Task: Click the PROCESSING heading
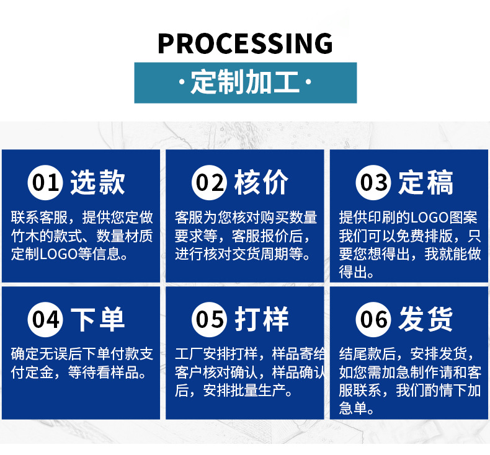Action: (x=245, y=43)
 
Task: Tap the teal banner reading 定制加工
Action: (x=245, y=82)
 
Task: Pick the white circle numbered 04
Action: (x=46, y=319)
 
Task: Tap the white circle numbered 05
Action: (x=210, y=319)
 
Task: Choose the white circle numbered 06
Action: (x=373, y=319)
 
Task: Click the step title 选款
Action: (x=97, y=182)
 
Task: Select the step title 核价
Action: (x=261, y=182)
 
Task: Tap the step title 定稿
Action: (x=425, y=182)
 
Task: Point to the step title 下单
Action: (x=97, y=319)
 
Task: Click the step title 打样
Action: (x=261, y=319)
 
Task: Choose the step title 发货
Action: (x=425, y=319)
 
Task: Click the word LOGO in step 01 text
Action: (x=57, y=254)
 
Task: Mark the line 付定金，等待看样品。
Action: (x=79, y=373)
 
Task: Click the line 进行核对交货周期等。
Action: (x=243, y=254)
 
